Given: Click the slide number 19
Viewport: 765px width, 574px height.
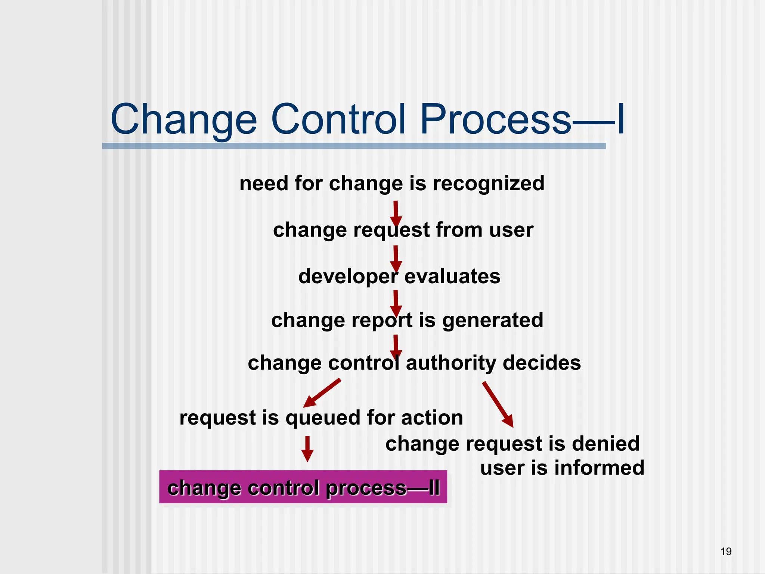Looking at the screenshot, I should pyautogui.click(x=726, y=552).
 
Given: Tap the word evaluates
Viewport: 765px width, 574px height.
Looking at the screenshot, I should pyautogui.click(x=452, y=277).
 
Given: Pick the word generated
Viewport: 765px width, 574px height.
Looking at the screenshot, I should pyautogui.click(x=493, y=321).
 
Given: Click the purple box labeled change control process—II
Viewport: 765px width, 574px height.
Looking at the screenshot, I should pyautogui.click(x=303, y=487).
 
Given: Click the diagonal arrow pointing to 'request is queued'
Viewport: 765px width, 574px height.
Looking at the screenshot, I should pyautogui.click(x=322, y=393).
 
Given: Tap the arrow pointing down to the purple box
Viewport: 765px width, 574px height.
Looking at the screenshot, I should pyautogui.click(x=307, y=448).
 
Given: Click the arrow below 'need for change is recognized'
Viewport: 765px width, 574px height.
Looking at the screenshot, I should pyautogui.click(x=396, y=213).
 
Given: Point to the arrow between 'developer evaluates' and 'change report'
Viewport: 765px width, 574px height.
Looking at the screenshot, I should pyautogui.click(x=396, y=303).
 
